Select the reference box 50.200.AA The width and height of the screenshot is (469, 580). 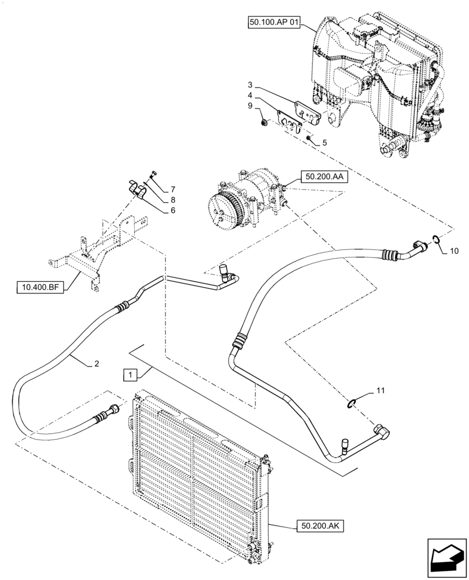(324, 176)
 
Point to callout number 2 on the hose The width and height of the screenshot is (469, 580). (96, 364)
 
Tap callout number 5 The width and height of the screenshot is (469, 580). (325, 142)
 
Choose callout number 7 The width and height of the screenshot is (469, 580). (172, 190)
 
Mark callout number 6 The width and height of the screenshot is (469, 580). (172, 211)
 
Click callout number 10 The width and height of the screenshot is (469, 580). (454, 251)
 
